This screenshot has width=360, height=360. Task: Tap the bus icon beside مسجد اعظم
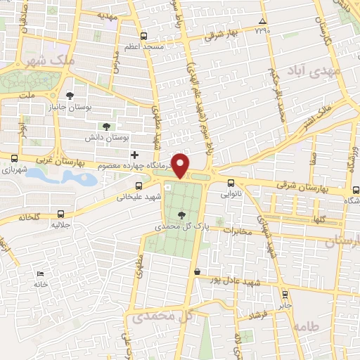point(144,36)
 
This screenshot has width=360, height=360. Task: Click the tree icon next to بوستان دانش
point(105,127)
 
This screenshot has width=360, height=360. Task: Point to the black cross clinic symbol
point(134,155)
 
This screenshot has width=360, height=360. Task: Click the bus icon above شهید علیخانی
point(139,186)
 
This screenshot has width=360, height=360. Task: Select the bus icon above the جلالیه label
point(62,214)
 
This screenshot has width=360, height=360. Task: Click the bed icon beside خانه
point(40,273)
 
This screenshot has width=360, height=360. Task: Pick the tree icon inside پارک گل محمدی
point(182,214)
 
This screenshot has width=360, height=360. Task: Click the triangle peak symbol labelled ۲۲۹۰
point(262,22)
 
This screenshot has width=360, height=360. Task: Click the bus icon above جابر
point(285,295)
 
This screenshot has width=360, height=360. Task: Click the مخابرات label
point(236,231)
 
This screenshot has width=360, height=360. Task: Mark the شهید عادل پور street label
point(240,281)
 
